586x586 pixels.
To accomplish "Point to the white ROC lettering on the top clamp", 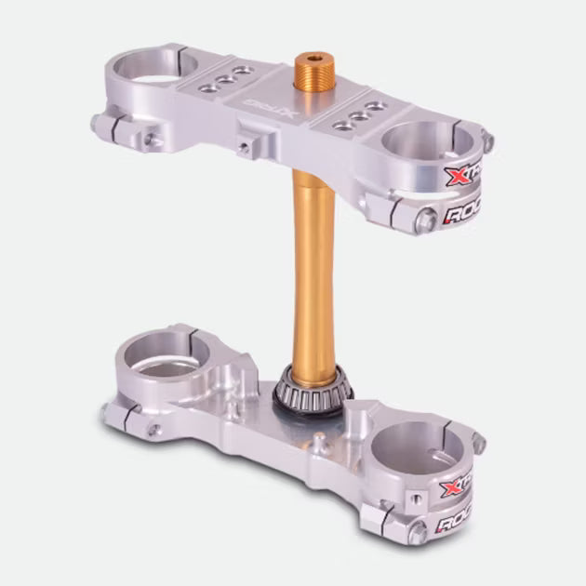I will tap(466, 215).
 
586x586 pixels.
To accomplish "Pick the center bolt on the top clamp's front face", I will tap(244, 147).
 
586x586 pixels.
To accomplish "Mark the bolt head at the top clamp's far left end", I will tap(98, 122).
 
